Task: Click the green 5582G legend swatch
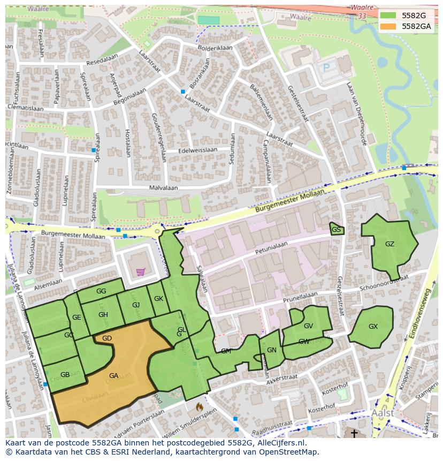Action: pos(388,16)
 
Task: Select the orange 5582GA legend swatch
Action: pos(388,26)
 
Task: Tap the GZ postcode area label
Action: pos(389,244)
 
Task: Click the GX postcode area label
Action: pos(373,327)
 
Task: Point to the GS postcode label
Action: pos(336,230)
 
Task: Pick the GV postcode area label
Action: pos(308,326)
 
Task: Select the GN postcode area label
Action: pos(272,350)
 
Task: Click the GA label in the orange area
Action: pos(113,375)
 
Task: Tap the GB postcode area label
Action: pos(65,374)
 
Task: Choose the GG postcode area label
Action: pos(101,291)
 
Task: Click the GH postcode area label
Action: pos(103,314)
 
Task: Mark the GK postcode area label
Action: pos(158,299)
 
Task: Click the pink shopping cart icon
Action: pos(140,271)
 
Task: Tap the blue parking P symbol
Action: pos(326,68)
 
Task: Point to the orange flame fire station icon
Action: pos(200,407)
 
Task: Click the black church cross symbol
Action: pos(354,433)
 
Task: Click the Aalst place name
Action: pos(382,413)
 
